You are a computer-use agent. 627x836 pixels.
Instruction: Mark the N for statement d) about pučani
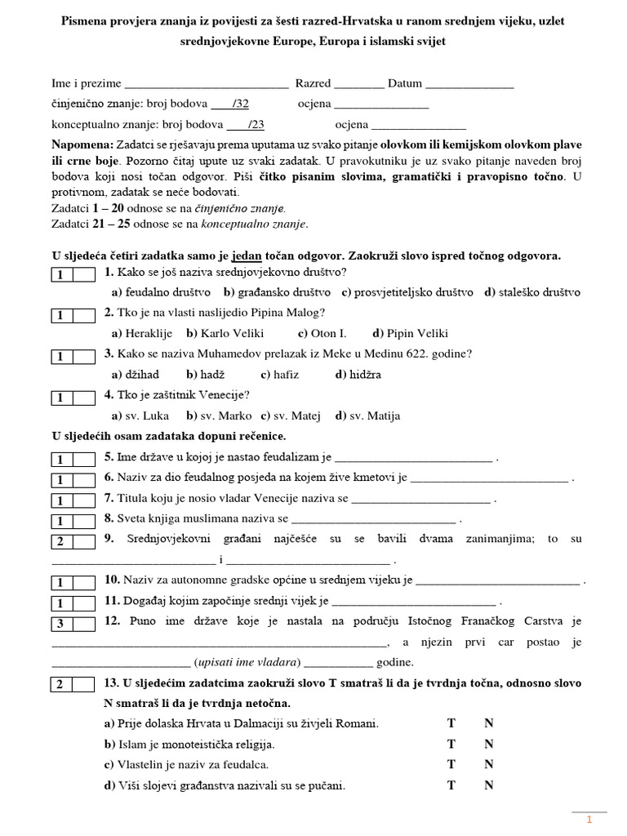coord(489,785)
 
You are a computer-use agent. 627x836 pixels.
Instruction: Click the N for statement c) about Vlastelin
coord(489,765)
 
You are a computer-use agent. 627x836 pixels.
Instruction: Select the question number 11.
coord(112,602)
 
